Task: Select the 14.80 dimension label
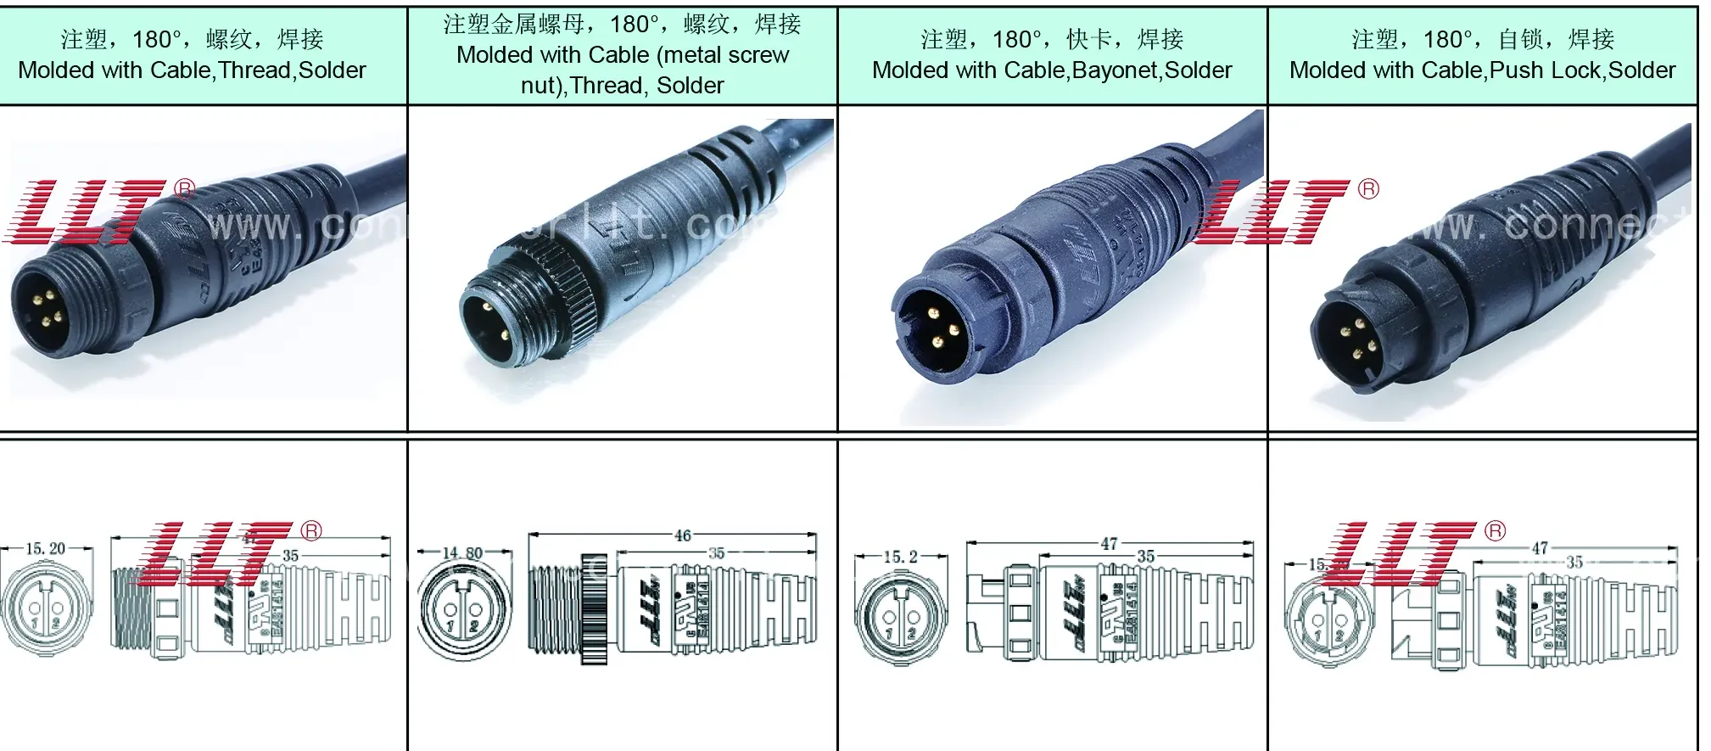pyautogui.click(x=462, y=553)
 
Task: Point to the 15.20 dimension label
pyautogui.click(x=45, y=549)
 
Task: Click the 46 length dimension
pyautogui.click(x=683, y=535)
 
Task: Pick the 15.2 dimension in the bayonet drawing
pyautogui.click(x=900, y=557)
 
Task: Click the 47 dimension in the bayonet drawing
pyautogui.click(x=1109, y=544)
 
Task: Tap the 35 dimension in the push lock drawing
pyautogui.click(x=1574, y=562)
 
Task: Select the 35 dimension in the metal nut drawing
pyautogui.click(x=717, y=553)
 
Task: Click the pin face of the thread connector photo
pyautogui.click(x=41, y=309)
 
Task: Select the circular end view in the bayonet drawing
pyautogui.click(x=900, y=614)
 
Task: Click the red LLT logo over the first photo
pyautogui.click(x=89, y=211)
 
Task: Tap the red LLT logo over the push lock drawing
pyautogui.click(x=1400, y=553)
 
